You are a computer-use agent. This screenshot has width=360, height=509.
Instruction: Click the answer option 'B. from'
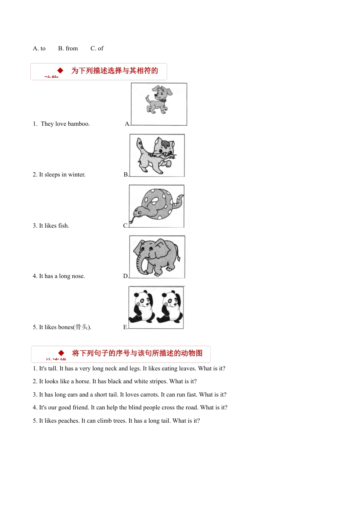point(68,48)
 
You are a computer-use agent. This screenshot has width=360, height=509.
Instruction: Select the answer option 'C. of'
point(97,48)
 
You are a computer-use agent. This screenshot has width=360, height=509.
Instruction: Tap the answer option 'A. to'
point(39,48)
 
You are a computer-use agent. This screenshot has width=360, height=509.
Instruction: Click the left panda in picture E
point(142,307)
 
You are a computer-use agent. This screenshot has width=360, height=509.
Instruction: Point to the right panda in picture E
point(171,307)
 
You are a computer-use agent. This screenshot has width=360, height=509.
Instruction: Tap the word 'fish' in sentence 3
point(63,226)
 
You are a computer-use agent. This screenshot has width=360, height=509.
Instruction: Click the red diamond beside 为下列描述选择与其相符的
point(60,70)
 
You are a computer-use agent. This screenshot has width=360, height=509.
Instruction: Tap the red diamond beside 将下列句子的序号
point(61,353)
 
